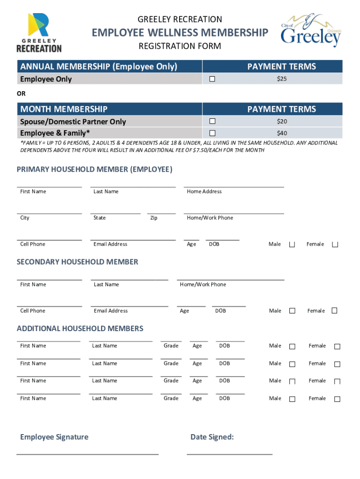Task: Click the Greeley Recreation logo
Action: click(39, 32)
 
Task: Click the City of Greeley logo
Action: click(311, 31)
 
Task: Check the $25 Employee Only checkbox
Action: click(212, 79)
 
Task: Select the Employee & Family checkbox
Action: click(212, 133)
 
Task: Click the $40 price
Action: click(281, 133)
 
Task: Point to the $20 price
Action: click(281, 122)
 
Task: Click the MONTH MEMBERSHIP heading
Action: click(64, 109)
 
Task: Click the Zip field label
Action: click(154, 218)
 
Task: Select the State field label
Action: click(100, 218)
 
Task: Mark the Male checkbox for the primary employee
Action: click(292, 245)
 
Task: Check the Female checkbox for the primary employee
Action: click(335, 245)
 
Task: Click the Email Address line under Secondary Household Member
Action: click(130, 306)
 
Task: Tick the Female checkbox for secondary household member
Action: click(334, 311)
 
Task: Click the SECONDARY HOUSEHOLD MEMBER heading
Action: click(77, 262)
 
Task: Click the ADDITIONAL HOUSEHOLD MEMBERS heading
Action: click(80, 328)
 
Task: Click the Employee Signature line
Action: click(87, 453)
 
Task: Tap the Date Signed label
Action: click(212, 437)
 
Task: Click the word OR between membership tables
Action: click(22, 94)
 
